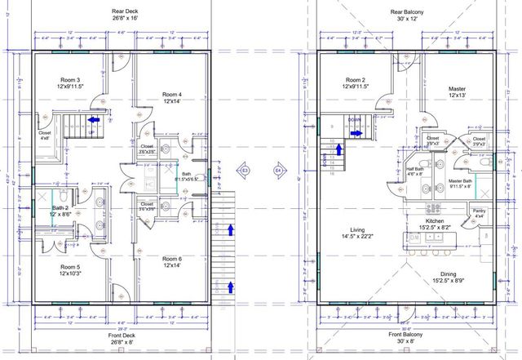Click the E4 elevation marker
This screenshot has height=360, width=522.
278,171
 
